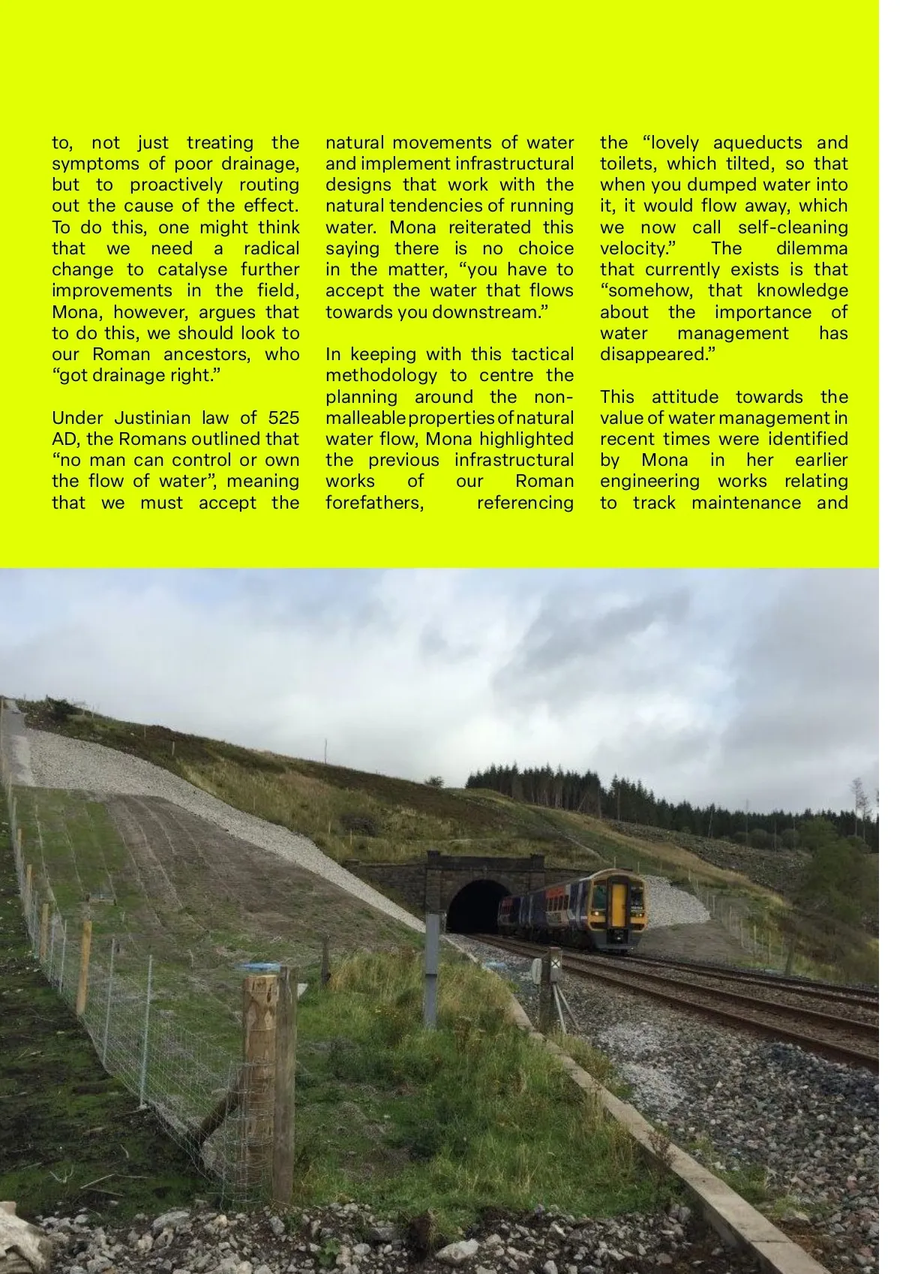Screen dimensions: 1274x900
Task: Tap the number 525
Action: point(283,418)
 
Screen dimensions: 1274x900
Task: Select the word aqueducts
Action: point(759,143)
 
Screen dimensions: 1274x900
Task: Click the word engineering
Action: point(649,481)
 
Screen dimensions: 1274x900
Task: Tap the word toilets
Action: point(627,164)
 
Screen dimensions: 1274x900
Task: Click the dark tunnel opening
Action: point(477,906)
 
